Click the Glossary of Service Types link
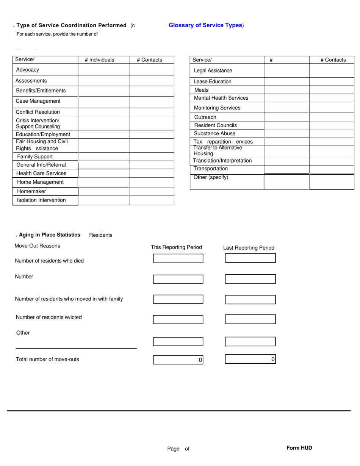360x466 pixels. pyautogui.click(x=205, y=25)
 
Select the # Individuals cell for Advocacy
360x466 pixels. pyautogui.click(x=103, y=70)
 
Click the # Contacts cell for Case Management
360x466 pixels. pyautogui.click(x=152, y=102)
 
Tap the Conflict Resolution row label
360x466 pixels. pyautogui.click(x=38, y=112)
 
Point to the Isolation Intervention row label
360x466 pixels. pyautogui.click(x=41, y=200)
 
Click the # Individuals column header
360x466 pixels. pyautogui.click(x=99, y=60)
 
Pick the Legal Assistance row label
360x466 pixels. pyautogui.click(x=213, y=71)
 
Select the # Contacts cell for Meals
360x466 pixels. pyautogui.click(x=332, y=90)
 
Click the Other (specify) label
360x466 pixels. pyautogui.click(x=211, y=177)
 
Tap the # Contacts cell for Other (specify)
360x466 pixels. pyautogui.click(x=332, y=182)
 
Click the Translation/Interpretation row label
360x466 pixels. pyautogui.click(x=222, y=161)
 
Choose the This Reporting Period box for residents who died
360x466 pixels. pyautogui.click(x=178, y=258)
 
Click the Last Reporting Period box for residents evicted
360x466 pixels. pyautogui.click(x=250, y=319)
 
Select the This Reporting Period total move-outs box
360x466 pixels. pyautogui.click(x=178, y=360)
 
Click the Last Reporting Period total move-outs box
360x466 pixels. pyautogui.click(x=250, y=359)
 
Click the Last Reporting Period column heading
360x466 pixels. pyautogui.click(x=249, y=248)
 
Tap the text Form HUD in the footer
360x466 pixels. pyautogui.click(x=299, y=448)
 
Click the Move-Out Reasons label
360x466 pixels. pyautogui.click(x=37, y=246)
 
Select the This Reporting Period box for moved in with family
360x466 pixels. pyautogui.click(x=178, y=299)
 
